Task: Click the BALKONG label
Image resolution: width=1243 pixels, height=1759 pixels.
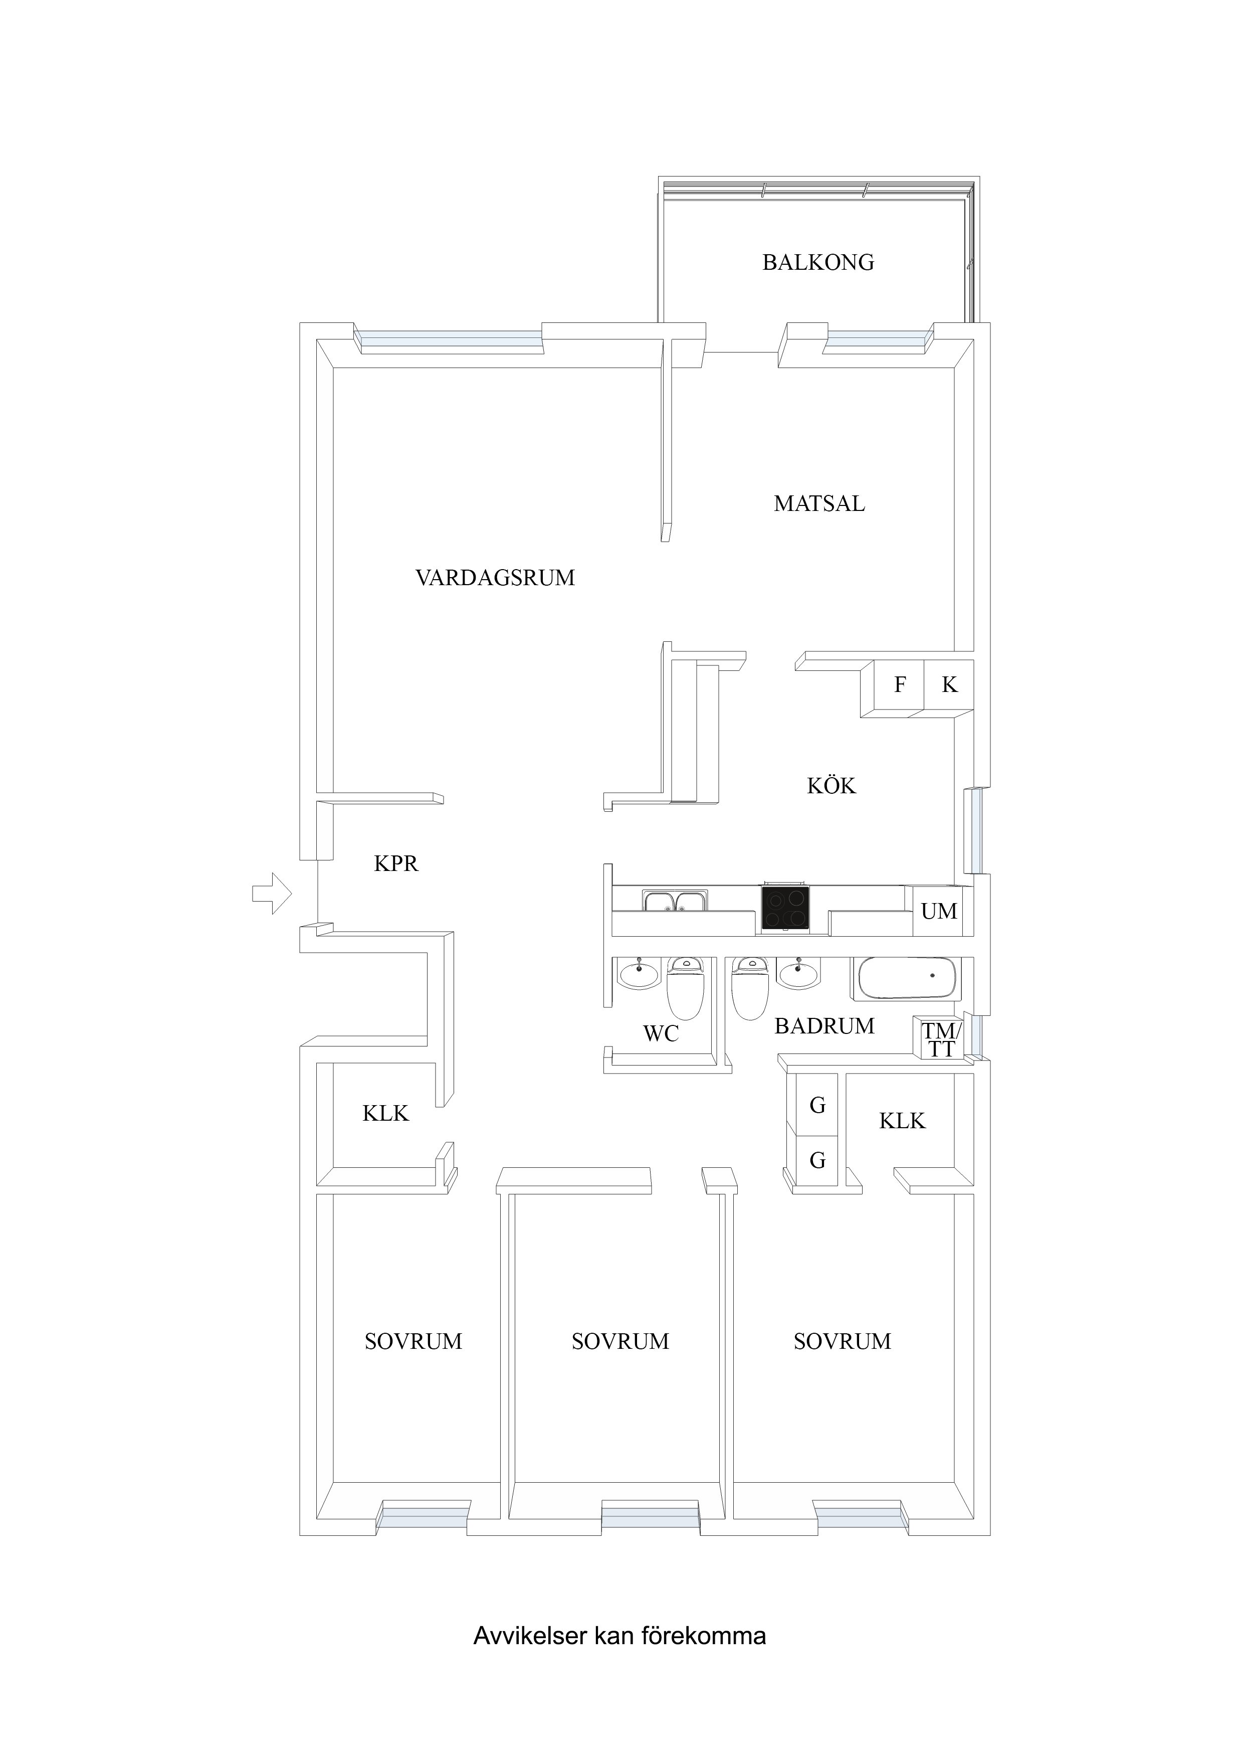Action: click(818, 262)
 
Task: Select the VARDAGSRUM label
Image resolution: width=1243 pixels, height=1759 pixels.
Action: click(495, 578)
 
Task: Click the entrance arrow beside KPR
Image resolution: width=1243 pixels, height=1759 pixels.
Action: click(272, 893)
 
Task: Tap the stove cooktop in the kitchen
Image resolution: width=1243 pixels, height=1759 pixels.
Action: click(784, 908)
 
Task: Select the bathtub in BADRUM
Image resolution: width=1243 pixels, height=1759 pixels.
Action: click(906, 978)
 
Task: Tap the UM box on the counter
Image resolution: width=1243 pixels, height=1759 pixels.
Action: click(939, 911)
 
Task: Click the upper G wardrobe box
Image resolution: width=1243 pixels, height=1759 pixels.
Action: click(817, 1105)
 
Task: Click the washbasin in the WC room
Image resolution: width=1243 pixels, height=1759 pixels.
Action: click(638, 974)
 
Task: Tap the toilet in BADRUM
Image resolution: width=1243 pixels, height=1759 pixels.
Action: click(750, 989)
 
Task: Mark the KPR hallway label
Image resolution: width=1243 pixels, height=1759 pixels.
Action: click(396, 864)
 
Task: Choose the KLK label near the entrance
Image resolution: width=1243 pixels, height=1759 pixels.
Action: click(385, 1113)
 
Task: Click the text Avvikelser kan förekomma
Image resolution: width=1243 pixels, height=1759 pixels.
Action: click(619, 1636)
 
